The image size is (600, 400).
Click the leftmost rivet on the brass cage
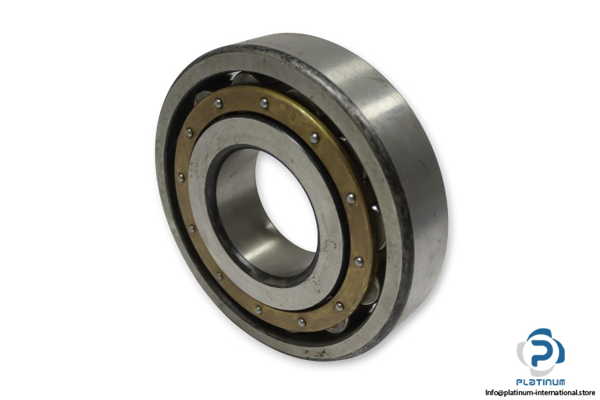(x=181, y=178)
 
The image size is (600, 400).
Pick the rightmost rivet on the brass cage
(x=358, y=262)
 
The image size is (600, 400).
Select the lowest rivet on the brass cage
(x=302, y=322)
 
